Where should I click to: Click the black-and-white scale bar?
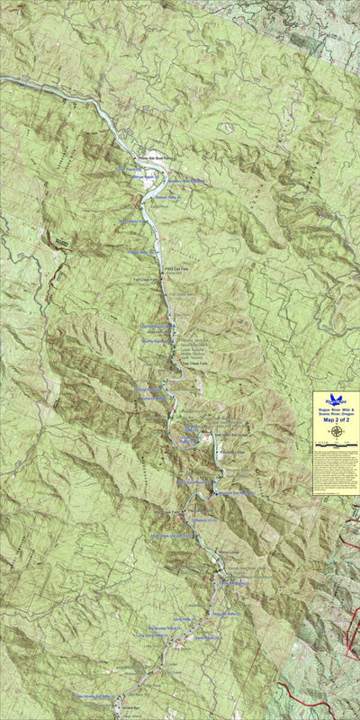click(336, 445)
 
